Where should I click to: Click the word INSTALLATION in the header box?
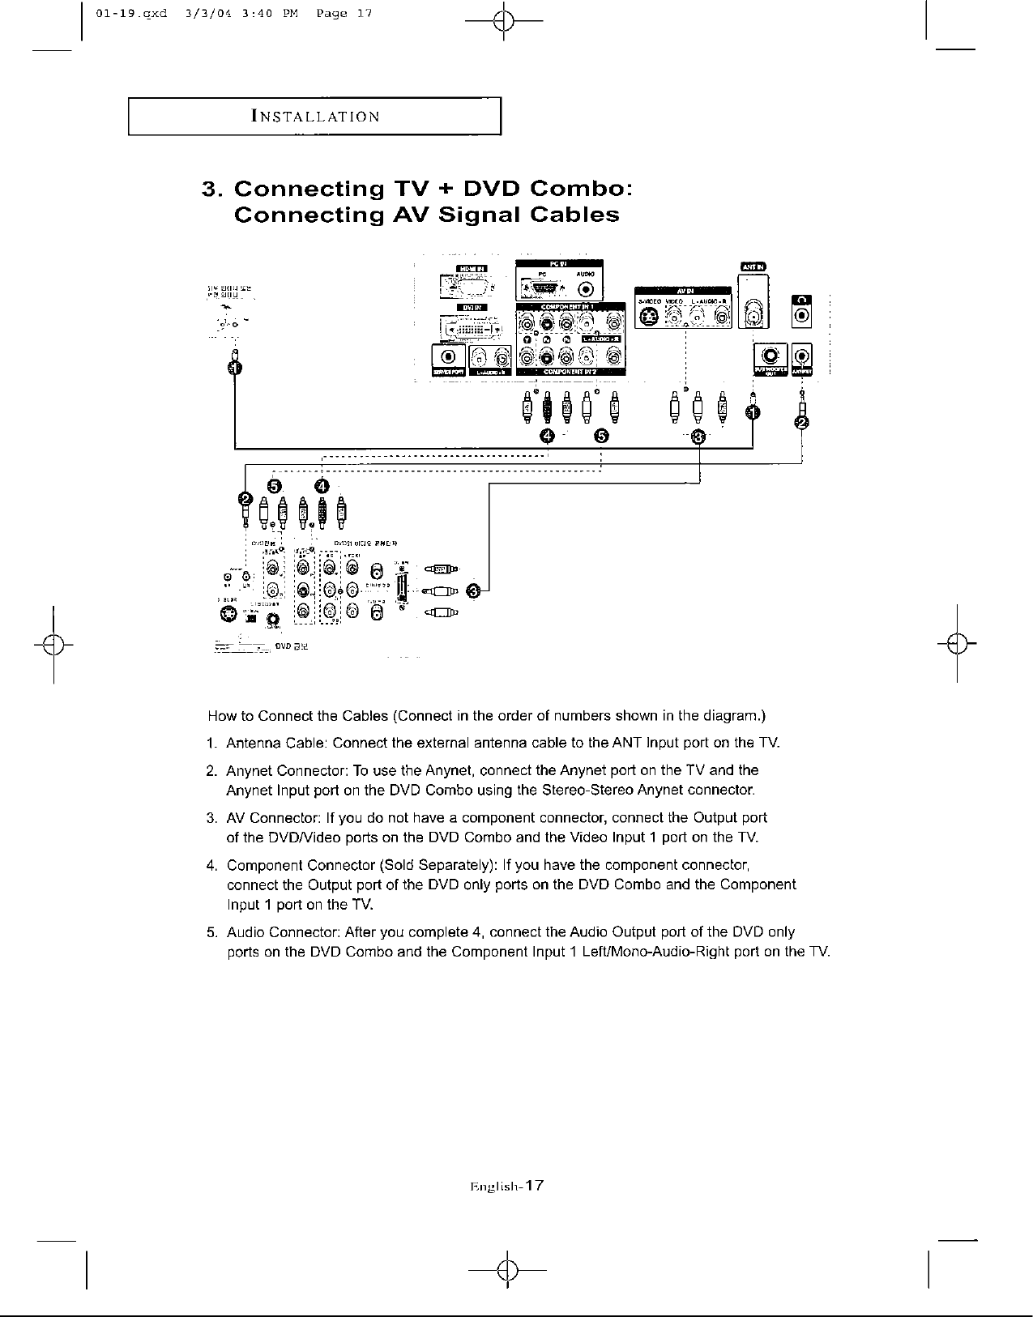pos(316,116)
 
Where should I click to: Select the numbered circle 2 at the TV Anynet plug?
pos(802,423)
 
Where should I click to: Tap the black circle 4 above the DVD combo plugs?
pos(322,485)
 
